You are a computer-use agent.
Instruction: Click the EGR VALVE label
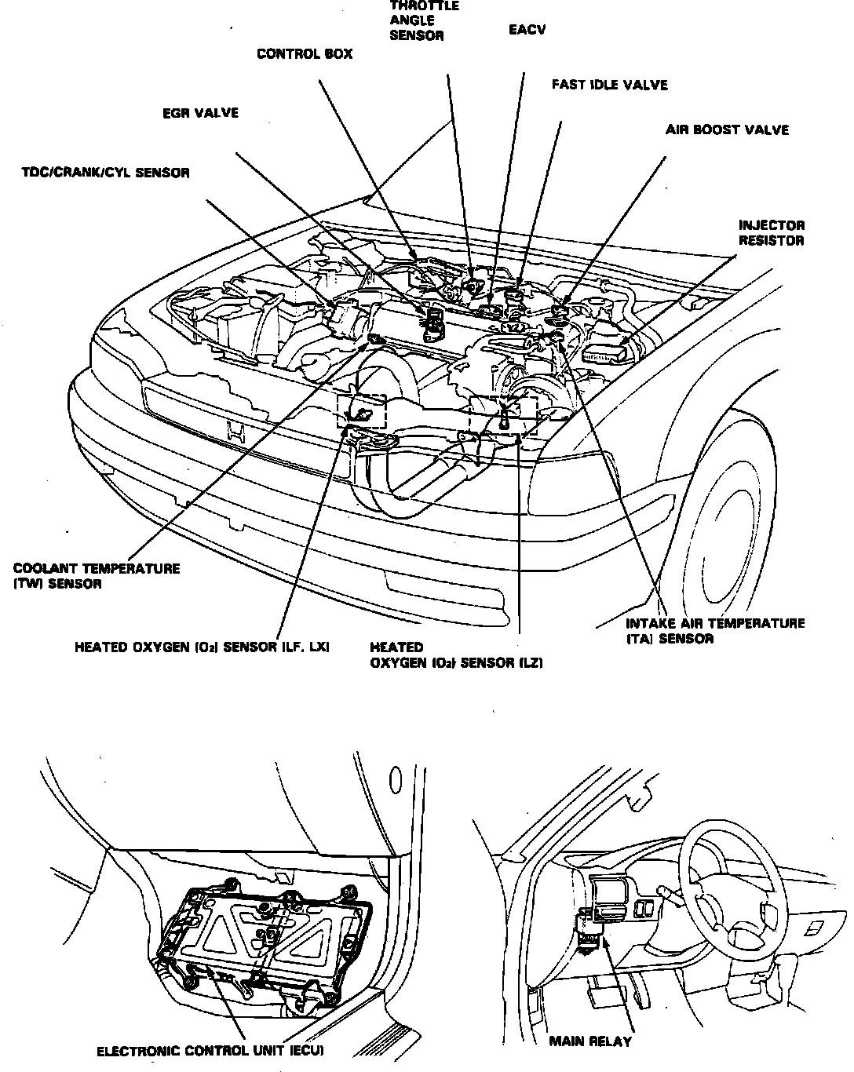point(199,114)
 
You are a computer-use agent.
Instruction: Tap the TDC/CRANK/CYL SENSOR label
point(105,173)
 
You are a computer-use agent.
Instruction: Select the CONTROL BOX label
point(305,54)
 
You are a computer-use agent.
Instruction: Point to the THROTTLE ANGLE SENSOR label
point(424,20)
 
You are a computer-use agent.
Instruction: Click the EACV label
point(527,30)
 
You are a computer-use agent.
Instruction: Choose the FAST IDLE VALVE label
point(609,85)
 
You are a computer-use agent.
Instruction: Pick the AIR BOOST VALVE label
point(727,129)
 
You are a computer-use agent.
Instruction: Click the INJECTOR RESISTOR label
point(771,233)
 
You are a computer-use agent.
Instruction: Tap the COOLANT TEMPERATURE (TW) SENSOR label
point(96,576)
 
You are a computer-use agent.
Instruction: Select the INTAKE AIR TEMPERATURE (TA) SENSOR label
point(714,631)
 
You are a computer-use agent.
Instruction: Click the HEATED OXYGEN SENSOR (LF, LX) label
point(202,647)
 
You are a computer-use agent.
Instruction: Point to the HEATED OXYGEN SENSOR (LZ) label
point(456,655)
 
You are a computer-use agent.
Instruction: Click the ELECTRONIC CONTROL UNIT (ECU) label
point(210,1051)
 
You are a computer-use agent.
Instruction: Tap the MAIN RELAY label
point(589,1042)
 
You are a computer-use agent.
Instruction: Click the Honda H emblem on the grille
point(234,431)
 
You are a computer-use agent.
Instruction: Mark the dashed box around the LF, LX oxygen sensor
point(362,410)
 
